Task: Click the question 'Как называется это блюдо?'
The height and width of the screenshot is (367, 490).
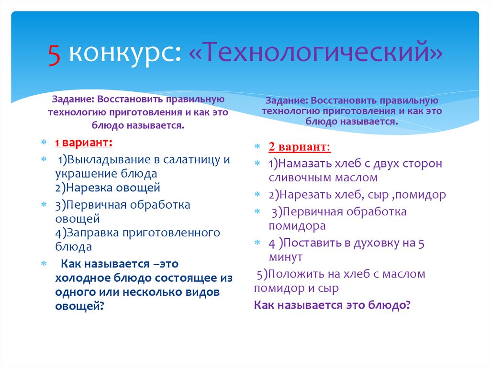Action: tap(333, 305)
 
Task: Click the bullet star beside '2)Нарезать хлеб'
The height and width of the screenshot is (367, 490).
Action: tap(257, 195)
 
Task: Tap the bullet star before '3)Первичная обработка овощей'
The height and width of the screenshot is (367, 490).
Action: tap(44, 205)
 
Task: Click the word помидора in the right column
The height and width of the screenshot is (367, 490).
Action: tap(297, 225)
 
